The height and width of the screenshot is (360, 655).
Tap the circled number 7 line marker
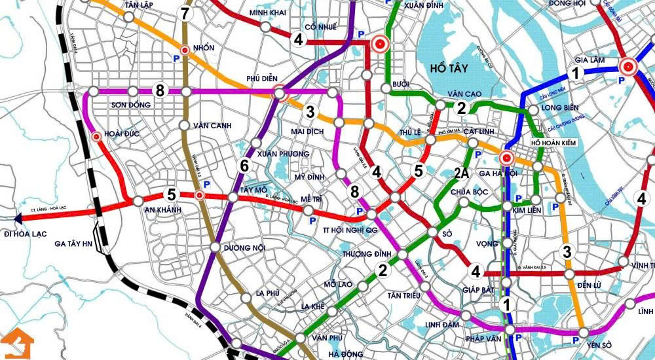point(185,13)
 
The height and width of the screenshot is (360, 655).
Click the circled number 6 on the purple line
point(244,166)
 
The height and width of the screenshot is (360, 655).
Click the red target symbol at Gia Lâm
point(628,66)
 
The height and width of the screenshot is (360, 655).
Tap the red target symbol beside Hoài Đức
point(97,137)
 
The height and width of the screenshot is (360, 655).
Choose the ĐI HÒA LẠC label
point(27,234)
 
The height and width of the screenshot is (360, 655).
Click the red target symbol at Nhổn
point(185,50)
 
